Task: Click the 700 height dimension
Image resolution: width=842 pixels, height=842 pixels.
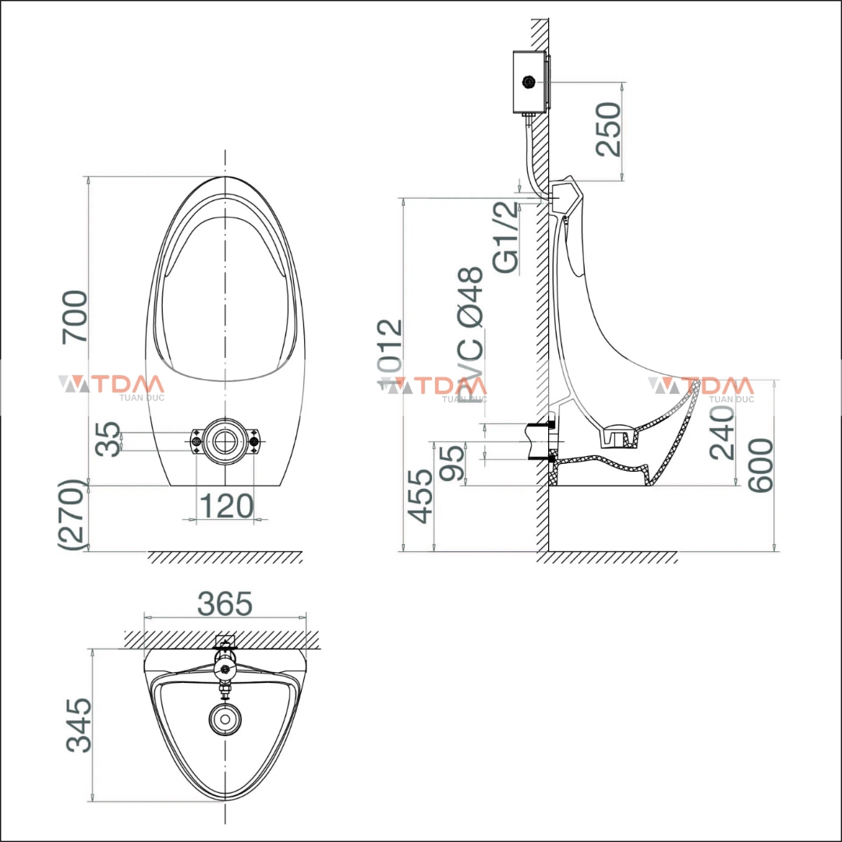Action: pos(76,316)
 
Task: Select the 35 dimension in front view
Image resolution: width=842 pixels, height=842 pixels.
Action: pos(108,439)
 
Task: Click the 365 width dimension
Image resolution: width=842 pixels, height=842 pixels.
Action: pos(225,603)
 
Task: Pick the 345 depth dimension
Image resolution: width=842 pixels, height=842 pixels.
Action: pos(79,724)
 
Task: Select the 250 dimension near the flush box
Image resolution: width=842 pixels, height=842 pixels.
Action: pos(609,129)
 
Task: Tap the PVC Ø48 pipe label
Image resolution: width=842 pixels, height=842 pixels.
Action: pos(471,335)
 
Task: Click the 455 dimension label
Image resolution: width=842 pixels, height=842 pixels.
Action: pos(422,496)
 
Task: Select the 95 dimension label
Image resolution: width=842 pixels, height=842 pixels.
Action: pos(453,463)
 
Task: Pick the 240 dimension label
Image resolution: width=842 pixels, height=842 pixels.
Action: pos(722,431)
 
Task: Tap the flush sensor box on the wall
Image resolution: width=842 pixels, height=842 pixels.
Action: pos(530,82)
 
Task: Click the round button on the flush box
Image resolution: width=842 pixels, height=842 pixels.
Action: pos(530,81)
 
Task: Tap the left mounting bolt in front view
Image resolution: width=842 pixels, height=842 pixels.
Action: pos(196,442)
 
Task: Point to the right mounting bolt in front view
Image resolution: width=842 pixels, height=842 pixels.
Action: pos(253,442)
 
